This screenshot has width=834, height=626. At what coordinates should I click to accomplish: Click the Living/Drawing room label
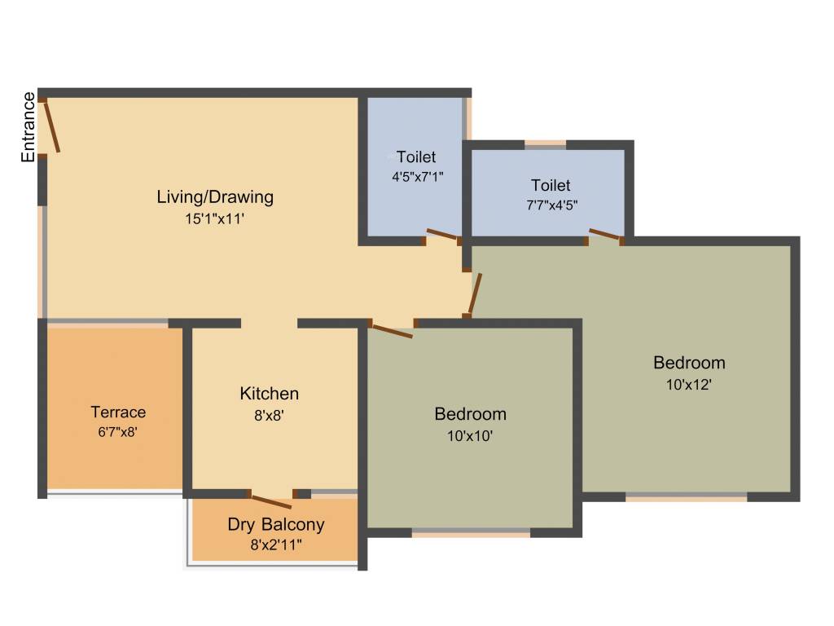tap(215, 196)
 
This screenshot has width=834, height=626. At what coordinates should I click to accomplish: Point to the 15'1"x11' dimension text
tap(215, 218)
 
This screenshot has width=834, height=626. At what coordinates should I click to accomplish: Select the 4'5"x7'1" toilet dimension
tap(416, 175)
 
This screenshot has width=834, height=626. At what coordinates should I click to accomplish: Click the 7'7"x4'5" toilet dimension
tap(551, 205)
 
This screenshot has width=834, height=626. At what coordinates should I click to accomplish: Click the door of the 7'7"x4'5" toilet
tap(606, 236)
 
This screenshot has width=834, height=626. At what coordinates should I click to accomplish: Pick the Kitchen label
tap(269, 394)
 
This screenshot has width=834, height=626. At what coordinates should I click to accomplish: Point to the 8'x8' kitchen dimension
tap(269, 414)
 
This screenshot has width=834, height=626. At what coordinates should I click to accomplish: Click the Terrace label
tap(118, 412)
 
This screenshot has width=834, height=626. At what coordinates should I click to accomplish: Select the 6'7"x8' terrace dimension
tap(118, 432)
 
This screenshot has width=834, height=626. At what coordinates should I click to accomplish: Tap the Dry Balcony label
tap(276, 525)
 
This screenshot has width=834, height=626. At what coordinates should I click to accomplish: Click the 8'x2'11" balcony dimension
tap(276, 544)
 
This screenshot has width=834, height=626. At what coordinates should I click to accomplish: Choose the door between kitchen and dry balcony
tap(271, 500)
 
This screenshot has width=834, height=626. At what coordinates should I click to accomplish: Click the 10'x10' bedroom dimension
tap(470, 435)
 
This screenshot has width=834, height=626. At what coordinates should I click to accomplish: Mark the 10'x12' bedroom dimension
tap(689, 384)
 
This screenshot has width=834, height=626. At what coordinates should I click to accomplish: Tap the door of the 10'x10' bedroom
tap(391, 330)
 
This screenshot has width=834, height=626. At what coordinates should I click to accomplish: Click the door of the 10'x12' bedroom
tap(476, 293)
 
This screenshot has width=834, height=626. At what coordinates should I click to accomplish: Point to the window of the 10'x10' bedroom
tap(471, 534)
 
